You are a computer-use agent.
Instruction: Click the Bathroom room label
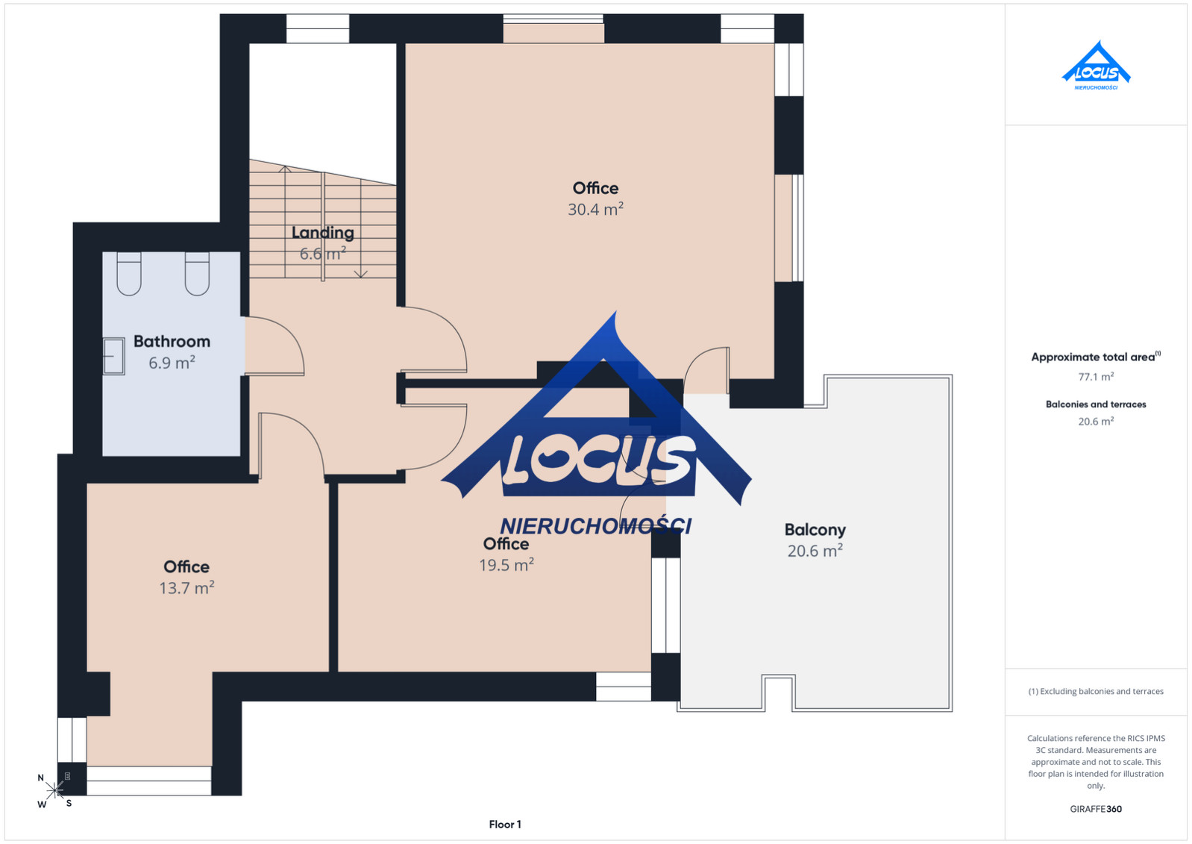point(172,341)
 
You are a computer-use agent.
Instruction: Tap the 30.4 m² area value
point(595,209)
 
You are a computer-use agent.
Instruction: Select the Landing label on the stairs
point(322,233)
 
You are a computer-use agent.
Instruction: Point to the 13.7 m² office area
point(186,588)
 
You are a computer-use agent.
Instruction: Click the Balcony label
point(815,530)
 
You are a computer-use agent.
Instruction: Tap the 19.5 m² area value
point(506,564)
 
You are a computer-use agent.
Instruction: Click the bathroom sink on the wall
point(114,356)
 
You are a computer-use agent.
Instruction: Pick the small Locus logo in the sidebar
point(1096,66)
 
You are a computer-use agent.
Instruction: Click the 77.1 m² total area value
point(1096,377)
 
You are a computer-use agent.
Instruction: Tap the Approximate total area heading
point(1096,357)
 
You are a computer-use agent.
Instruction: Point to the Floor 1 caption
point(505,825)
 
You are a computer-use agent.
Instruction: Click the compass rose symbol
point(54,790)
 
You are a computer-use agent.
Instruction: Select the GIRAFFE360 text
point(1096,809)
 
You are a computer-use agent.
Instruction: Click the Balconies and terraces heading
point(1096,404)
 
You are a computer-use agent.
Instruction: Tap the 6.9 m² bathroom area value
point(172,363)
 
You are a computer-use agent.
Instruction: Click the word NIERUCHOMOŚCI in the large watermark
point(595,525)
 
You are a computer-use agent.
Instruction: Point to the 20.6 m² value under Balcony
point(815,551)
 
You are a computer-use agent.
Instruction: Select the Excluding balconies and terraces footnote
point(1096,691)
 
